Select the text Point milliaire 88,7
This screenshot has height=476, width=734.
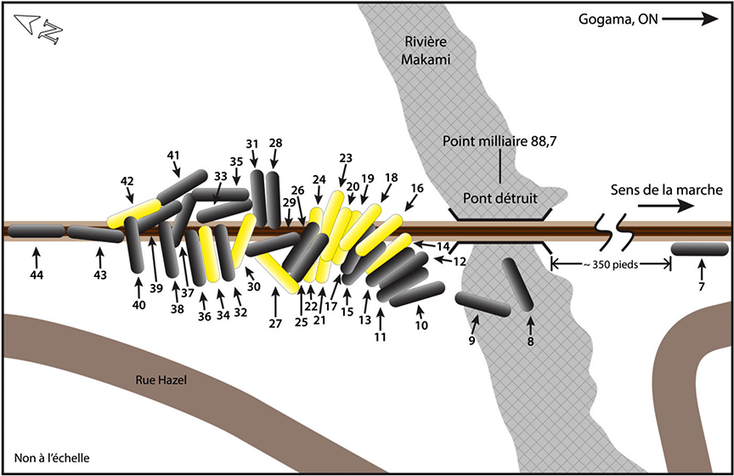point(500,141)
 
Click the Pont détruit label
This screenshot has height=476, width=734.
point(500,198)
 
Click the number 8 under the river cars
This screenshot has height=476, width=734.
point(531,344)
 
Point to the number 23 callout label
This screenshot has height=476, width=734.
point(345,158)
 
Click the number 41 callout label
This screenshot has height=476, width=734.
point(174,155)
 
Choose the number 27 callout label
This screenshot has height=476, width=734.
point(275,323)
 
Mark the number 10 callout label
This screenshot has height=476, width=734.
point(421,326)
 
